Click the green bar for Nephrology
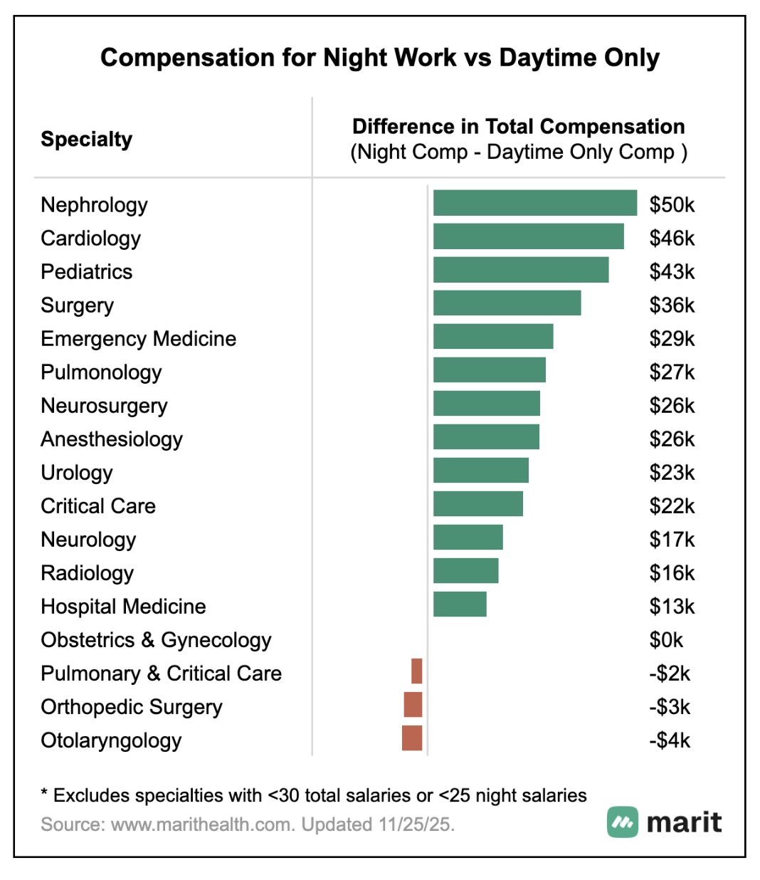[534, 203]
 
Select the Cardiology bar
[528, 236]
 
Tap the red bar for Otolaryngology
[412, 738]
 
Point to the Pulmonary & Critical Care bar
[416, 671]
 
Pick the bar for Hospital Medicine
[460, 604]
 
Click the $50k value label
[671, 205]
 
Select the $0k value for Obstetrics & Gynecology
[665, 640]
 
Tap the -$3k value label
[669, 707]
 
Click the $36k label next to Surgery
[671, 305]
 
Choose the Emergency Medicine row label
[138, 339]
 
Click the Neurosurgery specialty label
[104, 406]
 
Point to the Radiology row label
[87, 573]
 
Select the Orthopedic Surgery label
[131, 707]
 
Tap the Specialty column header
[86, 140]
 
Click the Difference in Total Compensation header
[518, 127]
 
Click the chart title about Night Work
[379, 58]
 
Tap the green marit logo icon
[623, 822]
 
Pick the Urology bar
[480, 471]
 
